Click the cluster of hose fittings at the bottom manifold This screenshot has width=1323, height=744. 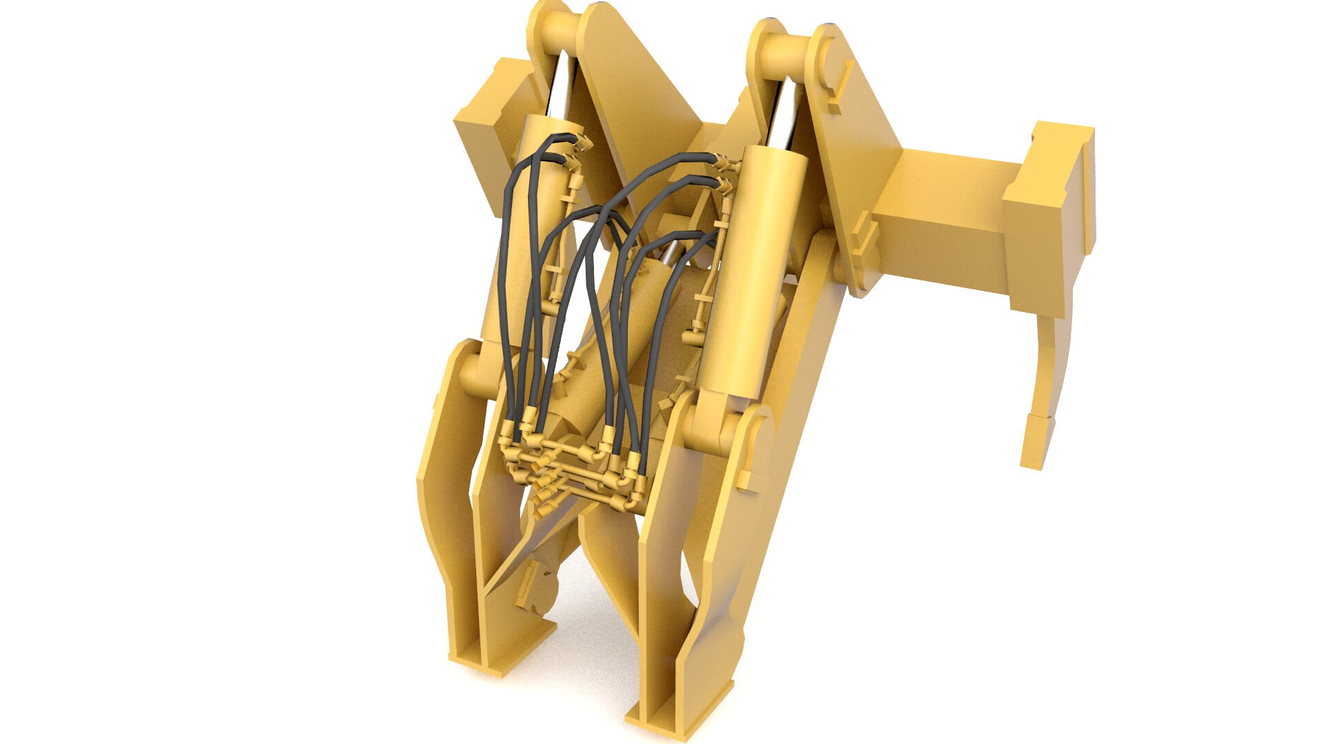(x=572, y=475)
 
